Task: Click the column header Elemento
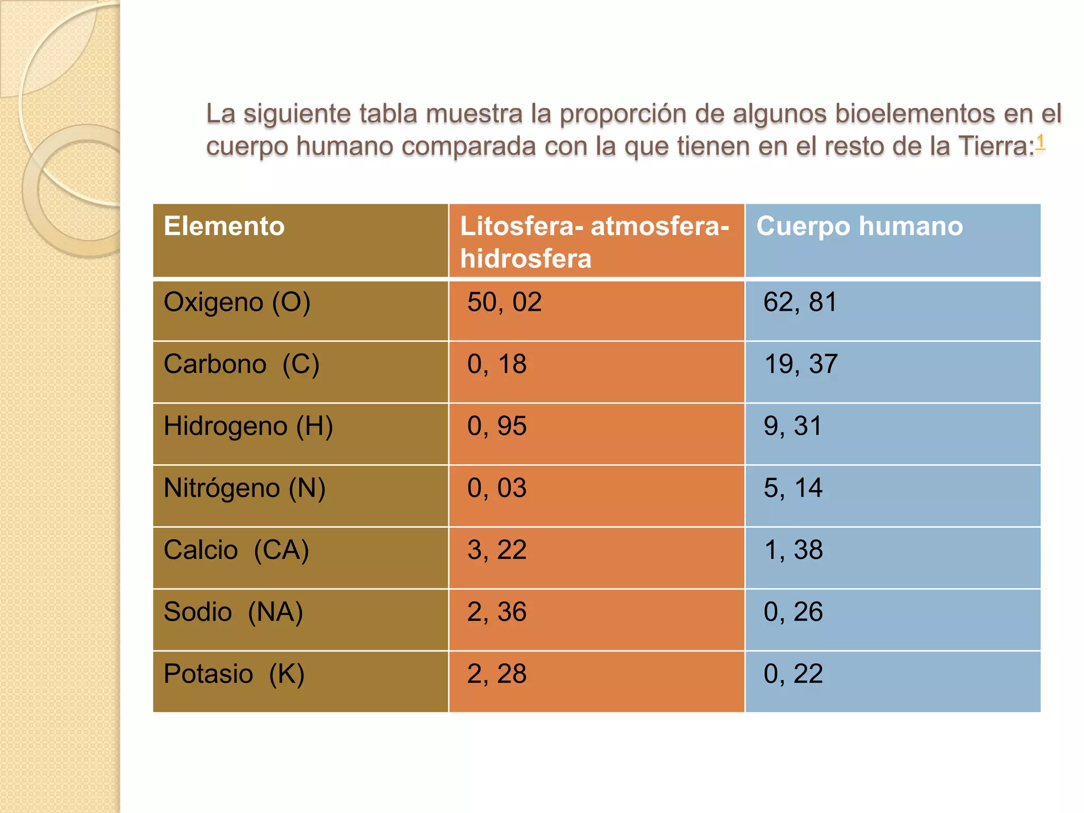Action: coord(224,227)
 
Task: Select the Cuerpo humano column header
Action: coord(859,227)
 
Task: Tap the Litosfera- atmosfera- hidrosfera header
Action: coord(594,242)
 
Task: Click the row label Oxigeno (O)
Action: coord(237,303)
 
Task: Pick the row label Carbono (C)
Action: coord(241,365)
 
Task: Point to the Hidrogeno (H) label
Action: coord(248,427)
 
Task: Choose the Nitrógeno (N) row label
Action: coord(244,489)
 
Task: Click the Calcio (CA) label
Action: coord(236,550)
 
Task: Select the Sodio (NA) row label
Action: coord(233,612)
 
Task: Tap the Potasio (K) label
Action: coord(234,674)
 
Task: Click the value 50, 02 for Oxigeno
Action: coord(504,303)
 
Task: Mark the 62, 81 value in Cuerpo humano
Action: coord(800,303)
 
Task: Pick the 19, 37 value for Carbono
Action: coord(800,365)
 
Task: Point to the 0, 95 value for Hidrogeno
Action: coord(496,427)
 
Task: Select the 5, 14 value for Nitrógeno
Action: coord(792,489)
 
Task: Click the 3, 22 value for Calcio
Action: coord(496,550)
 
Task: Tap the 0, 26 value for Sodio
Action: coord(793,612)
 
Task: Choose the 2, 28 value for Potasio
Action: coord(496,674)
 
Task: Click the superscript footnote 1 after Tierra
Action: coord(1040,141)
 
